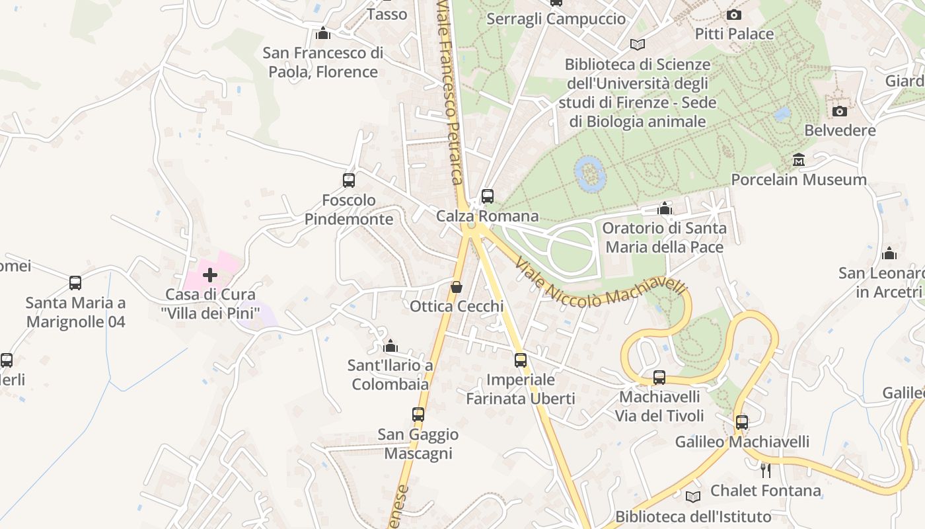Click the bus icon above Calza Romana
click(x=488, y=196)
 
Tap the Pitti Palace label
click(x=734, y=34)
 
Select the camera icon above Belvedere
click(x=839, y=111)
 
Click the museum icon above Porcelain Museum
click(x=799, y=160)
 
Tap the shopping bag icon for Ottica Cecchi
click(x=456, y=287)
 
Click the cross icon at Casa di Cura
click(x=210, y=274)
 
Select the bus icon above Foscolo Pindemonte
click(x=349, y=180)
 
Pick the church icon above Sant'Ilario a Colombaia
click(x=390, y=346)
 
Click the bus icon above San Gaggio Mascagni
click(x=418, y=415)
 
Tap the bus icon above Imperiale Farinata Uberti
click(x=521, y=360)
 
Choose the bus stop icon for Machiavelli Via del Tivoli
click(x=659, y=378)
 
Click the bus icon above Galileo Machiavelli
click(x=742, y=422)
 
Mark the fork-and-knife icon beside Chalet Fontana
click(x=765, y=470)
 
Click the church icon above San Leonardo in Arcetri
click(x=889, y=253)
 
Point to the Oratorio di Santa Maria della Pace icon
click(x=665, y=209)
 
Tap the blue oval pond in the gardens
click(x=590, y=173)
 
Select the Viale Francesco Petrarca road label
click(x=449, y=93)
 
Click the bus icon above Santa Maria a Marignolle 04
click(x=75, y=283)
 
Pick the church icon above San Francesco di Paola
click(x=323, y=33)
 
